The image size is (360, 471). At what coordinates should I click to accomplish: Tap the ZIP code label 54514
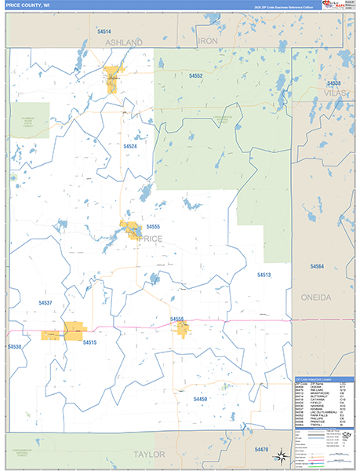[x=104, y=31]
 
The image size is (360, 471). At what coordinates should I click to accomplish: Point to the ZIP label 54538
[x=334, y=83]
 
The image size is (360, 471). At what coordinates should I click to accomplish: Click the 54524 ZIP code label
[x=129, y=146]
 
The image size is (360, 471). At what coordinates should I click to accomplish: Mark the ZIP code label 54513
[x=264, y=275]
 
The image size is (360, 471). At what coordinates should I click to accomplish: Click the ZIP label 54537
[x=45, y=302]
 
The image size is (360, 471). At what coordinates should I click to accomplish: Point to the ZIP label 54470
[x=261, y=448]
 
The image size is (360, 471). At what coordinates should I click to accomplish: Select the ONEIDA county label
[x=316, y=298]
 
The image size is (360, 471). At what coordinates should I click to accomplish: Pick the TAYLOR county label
[x=148, y=455]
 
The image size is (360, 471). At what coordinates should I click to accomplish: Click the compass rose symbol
[x=281, y=456]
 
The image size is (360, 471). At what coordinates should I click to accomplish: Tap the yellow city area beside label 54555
[x=129, y=231]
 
